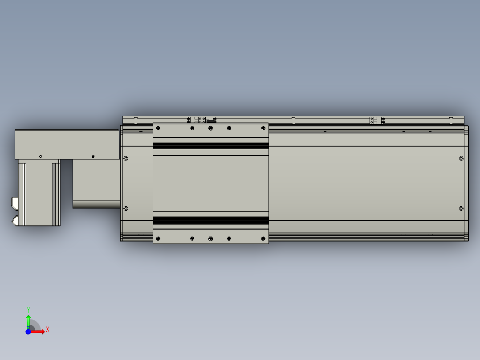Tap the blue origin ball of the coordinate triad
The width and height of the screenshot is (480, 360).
pos(28,331)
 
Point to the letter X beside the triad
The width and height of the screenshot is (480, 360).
pos(48,330)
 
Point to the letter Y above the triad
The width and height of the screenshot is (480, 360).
pos(28,310)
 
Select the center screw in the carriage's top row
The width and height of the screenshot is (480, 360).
pos(211,128)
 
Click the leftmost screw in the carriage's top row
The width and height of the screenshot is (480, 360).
pos(158,128)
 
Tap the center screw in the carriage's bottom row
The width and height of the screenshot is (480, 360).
pos(211,239)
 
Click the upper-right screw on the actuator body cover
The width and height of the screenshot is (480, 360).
pos(461,159)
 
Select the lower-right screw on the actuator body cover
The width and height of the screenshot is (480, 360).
pos(461,208)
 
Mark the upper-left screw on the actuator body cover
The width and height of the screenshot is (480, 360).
pos(126,159)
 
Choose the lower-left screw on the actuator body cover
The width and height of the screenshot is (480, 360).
pos(126,208)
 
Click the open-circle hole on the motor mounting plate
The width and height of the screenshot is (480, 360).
pos(41,156)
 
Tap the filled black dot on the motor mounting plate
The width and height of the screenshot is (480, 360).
pos(93,156)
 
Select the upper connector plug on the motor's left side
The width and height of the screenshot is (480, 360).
pos(15,204)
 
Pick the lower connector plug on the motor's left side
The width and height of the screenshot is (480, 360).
pos(15,221)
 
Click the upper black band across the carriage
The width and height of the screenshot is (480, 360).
pos(211,146)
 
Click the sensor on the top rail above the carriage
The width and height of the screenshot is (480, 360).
pos(202,120)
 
